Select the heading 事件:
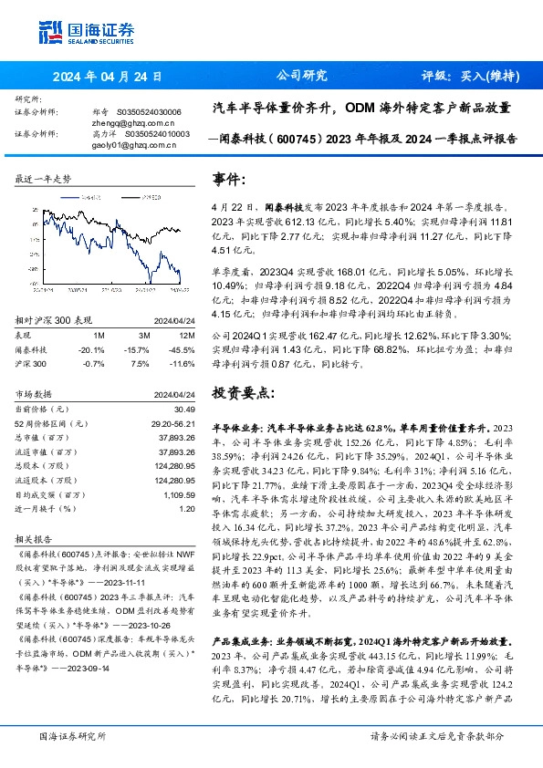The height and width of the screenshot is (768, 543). tap(229, 179)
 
